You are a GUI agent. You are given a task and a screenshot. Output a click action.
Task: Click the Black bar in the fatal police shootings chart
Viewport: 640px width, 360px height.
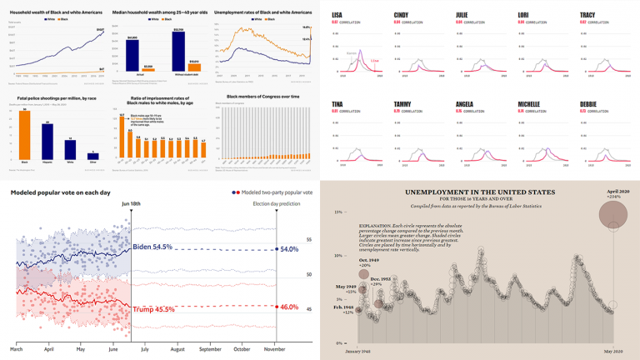(25, 134)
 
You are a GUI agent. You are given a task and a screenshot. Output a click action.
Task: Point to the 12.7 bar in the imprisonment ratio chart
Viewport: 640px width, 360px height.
(122, 137)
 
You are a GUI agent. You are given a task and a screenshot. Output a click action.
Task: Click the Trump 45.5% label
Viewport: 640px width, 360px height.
(152, 308)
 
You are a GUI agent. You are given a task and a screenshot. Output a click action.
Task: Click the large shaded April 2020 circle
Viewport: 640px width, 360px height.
(618, 217)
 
